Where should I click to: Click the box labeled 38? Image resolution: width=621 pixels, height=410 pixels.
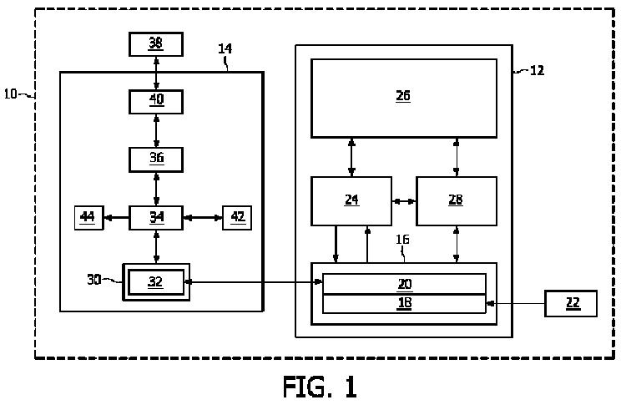(x=156, y=44)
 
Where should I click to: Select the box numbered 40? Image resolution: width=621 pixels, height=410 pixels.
(x=156, y=102)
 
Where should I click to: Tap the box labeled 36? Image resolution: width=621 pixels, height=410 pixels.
(x=156, y=159)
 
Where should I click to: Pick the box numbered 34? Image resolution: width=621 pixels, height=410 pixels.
(x=156, y=218)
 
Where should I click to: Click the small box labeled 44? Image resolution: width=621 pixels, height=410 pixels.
(x=89, y=218)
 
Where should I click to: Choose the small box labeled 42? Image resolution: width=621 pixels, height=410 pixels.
(x=237, y=218)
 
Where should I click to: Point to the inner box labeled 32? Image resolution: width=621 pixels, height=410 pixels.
(x=156, y=282)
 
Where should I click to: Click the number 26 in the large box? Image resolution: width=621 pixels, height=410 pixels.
(x=403, y=96)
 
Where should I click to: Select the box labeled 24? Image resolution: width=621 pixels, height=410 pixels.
(x=351, y=201)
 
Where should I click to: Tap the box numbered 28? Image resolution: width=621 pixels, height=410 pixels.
(x=457, y=201)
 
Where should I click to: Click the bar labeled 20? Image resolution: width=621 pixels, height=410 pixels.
(x=404, y=284)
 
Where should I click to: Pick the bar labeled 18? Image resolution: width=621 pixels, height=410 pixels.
(x=404, y=304)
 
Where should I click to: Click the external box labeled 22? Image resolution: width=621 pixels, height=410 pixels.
(x=571, y=303)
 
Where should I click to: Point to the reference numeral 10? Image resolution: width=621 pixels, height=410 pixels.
(x=10, y=94)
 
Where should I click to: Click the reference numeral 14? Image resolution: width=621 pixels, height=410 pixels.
(x=225, y=48)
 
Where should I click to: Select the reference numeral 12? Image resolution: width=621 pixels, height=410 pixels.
(x=537, y=70)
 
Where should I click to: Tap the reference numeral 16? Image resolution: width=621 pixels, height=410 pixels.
(x=402, y=240)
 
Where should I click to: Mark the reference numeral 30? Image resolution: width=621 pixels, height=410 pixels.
(x=94, y=279)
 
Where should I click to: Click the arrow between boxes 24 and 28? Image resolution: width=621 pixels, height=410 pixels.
(x=404, y=201)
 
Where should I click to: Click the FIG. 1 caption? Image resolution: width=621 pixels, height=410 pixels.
(x=320, y=387)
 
